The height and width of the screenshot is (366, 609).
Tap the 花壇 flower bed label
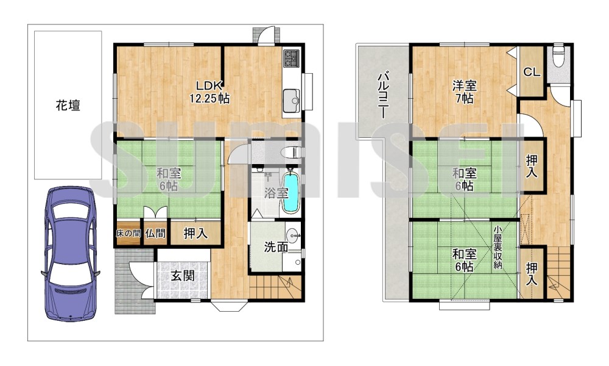(x=68, y=105)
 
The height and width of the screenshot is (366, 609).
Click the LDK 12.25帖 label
(x=209, y=91)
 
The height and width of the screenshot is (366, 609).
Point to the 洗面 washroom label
(x=275, y=247)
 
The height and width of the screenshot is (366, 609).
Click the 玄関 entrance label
(x=182, y=276)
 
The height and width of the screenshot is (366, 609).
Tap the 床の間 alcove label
(x=128, y=232)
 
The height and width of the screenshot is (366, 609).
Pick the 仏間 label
(x=155, y=232)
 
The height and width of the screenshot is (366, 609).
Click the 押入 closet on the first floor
(x=194, y=232)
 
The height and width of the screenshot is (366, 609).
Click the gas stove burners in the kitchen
(x=291, y=59)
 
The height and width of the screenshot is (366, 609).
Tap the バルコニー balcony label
(x=383, y=95)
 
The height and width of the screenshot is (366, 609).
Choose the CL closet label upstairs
(x=531, y=72)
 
